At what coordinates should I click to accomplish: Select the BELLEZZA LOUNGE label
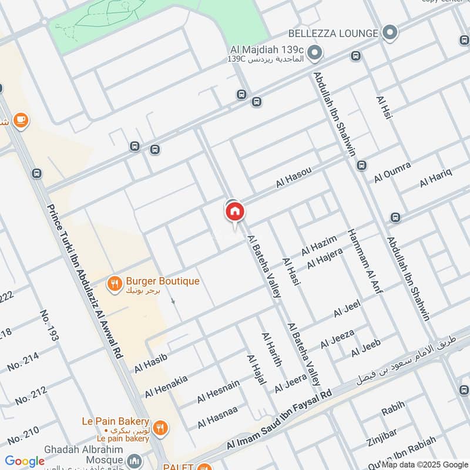333,33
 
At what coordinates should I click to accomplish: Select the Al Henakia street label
166,385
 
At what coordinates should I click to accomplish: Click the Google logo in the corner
25,461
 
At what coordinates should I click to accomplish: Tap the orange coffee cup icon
21,120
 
